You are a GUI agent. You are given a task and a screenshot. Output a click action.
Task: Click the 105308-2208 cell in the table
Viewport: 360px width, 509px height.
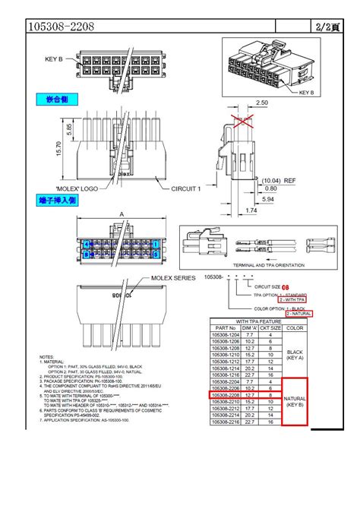(x=228, y=396)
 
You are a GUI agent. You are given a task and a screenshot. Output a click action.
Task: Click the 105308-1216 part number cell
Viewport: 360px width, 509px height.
(x=228, y=375)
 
